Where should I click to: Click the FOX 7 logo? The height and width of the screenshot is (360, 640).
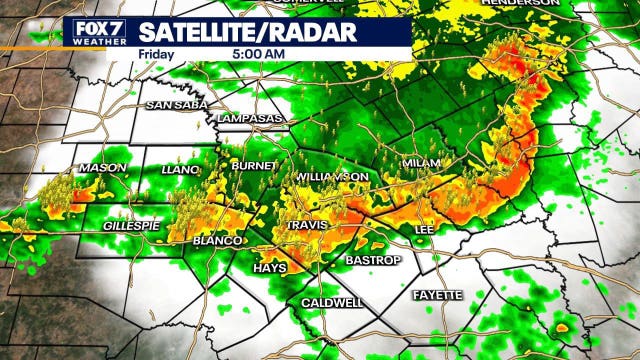[x=95, y=28]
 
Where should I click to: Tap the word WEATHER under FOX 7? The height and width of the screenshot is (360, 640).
[x=95, y=41]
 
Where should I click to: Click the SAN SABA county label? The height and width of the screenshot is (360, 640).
[x=172, y=105]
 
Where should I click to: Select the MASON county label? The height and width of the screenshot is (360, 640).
[x=102, y=168]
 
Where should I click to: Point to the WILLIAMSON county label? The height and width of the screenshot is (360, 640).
[x=333, y=177]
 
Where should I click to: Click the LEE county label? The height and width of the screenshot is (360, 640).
[x=423, y=230]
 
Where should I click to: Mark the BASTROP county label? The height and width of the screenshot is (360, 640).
[x=373, y=261]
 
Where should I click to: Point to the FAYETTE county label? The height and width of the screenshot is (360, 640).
[x=438, y=295]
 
